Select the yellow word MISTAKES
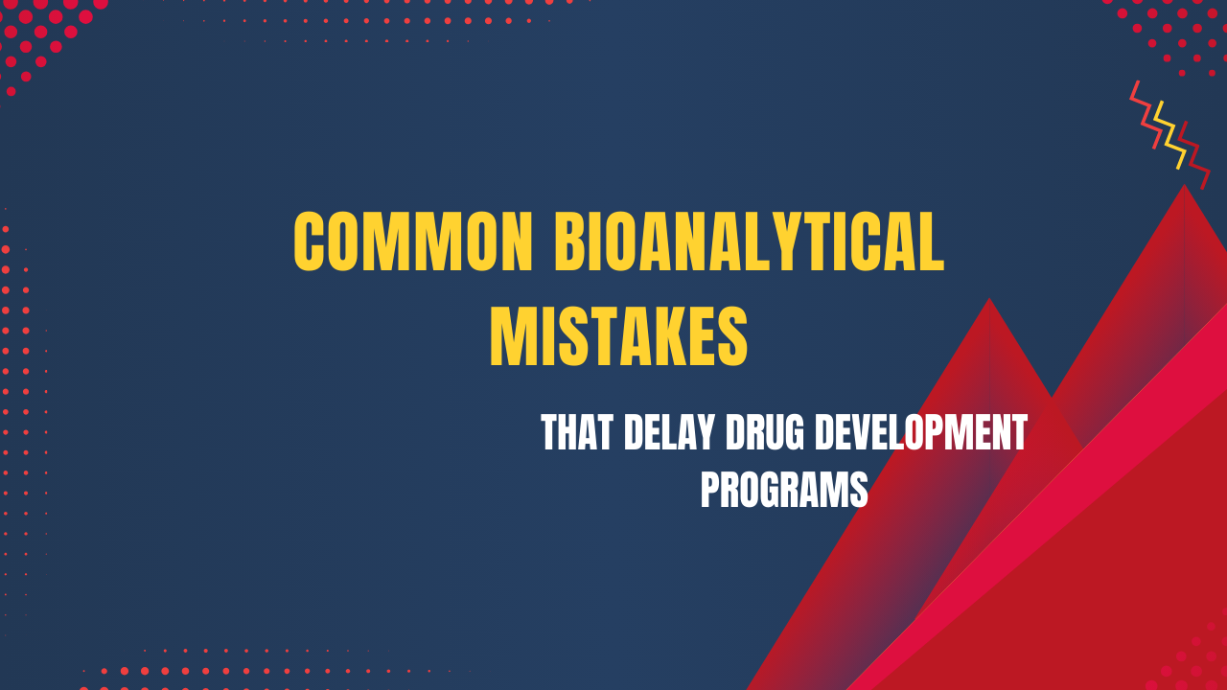(618, 336)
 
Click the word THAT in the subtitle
(575, 433)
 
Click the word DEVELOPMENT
(919, 433)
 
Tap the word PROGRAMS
(784, 489)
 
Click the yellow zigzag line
(1169, 134)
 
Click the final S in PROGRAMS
(859, 489)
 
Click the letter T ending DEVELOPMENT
(1018, 433)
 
